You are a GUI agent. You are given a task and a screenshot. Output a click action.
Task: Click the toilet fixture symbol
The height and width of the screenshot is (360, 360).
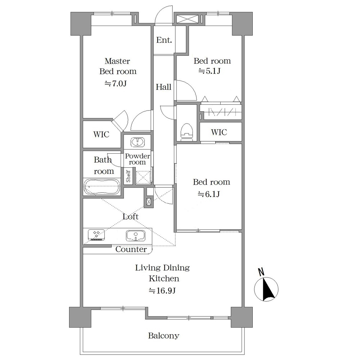(187, 132)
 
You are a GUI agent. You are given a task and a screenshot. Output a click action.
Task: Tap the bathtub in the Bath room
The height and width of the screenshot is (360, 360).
(102, 187)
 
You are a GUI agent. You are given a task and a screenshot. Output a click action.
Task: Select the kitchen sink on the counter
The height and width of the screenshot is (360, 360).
(135, 236)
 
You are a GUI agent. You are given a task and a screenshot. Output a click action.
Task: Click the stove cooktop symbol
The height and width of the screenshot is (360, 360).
(96, 235)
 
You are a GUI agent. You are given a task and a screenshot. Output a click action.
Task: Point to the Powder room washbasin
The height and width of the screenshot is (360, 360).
(138, 142)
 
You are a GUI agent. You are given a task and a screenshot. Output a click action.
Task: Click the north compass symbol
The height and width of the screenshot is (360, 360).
(266, 289)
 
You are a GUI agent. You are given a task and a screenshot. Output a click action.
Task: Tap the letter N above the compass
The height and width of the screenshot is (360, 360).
(261, 272)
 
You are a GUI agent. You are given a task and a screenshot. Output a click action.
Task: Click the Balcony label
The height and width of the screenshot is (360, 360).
(163, 336)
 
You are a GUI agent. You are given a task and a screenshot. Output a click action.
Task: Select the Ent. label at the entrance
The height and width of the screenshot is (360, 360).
(164, 40)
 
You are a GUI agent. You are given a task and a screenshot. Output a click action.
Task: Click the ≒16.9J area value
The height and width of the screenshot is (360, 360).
(162, 291)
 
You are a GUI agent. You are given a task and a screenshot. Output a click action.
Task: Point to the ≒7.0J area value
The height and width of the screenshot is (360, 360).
(116, 84)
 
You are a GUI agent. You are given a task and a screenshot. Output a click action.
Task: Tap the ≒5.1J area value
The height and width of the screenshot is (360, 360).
(210, 71)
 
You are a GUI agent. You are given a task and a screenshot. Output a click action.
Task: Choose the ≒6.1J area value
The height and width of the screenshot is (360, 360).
(209, 194)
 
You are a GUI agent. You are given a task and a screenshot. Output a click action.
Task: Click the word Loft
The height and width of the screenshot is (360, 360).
(130, 216)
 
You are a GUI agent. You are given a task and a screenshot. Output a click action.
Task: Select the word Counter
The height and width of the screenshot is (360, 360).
(131, 249)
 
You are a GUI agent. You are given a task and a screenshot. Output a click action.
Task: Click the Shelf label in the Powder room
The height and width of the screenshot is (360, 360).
(128, 176)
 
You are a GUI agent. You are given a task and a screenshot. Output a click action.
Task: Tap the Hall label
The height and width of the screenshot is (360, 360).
(163, 87)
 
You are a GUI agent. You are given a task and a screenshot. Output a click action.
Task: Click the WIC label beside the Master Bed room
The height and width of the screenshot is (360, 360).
(101, 134)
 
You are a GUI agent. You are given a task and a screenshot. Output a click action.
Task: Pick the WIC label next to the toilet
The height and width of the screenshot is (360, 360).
(219, 132)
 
